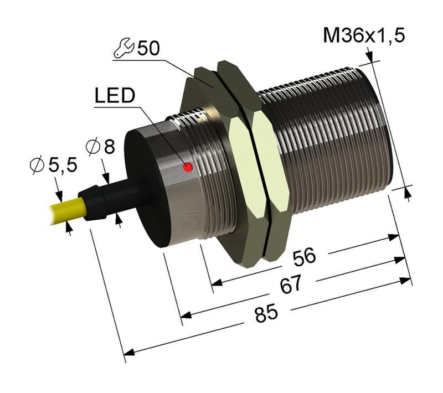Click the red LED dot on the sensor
click(x=188, y=167)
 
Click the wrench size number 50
click(x=148, y=49)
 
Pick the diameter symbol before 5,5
click(x=38, y=165)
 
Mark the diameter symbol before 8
click(x=93, y=147)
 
